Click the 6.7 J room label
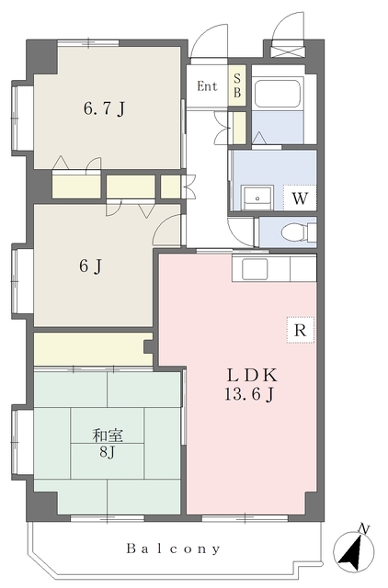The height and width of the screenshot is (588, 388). [104, 108]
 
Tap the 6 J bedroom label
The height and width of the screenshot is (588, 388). [90, 266]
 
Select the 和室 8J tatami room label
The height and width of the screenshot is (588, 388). [108, 444]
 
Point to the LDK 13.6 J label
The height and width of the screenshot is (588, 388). [250, 384]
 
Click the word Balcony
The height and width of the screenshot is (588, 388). [174, 549]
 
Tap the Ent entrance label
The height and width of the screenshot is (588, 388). [207, 86]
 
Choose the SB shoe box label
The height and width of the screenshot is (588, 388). [237, 85]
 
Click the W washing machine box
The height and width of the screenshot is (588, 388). [300, 198]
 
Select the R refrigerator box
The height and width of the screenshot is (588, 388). [300, 330]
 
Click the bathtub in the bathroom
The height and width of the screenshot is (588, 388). [278, 93]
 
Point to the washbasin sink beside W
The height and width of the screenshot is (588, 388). [257, 198]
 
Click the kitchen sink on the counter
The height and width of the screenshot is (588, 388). [255, 268]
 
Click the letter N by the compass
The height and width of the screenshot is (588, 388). [362, 529]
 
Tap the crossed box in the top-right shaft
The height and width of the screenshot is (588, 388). [288, 51]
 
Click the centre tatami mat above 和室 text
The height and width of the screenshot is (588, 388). [108, 425]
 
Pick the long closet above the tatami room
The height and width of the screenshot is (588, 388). [93, 349]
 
